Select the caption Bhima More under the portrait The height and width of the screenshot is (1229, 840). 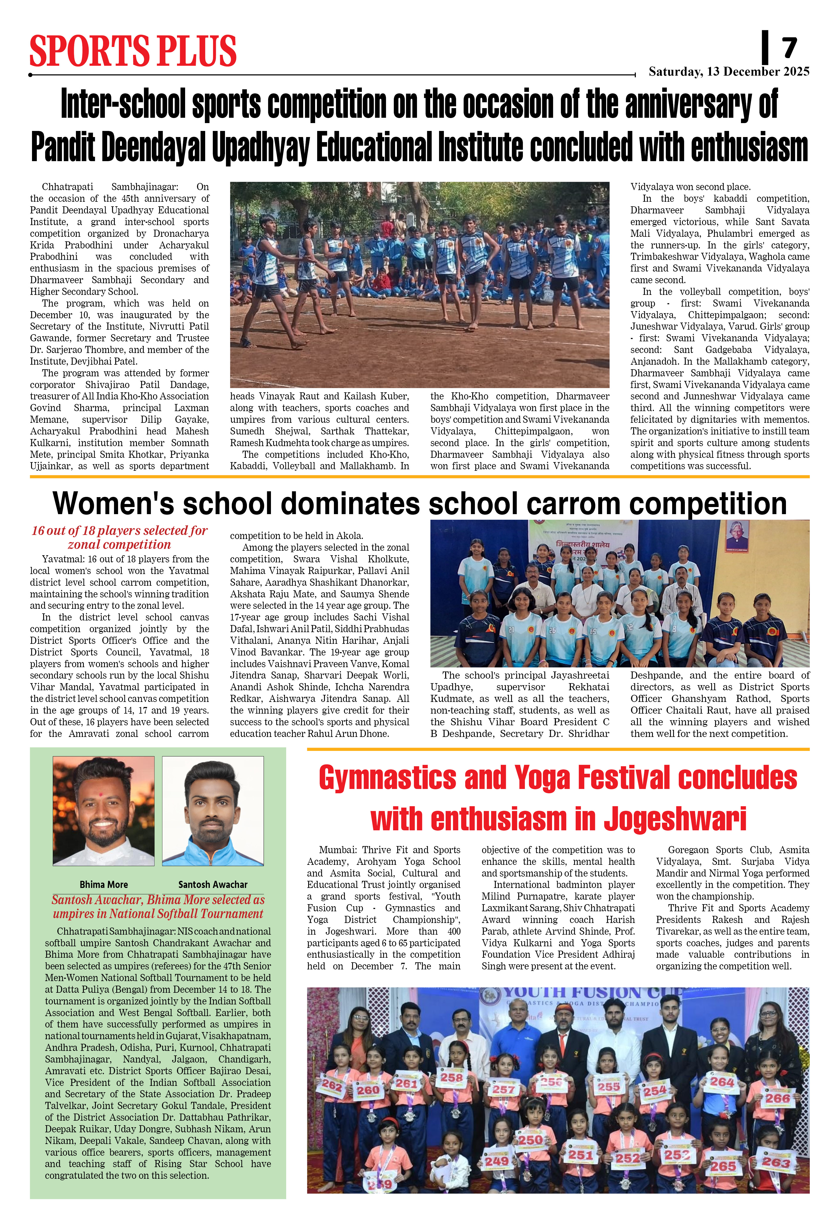104,884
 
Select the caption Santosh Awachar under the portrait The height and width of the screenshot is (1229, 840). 213,884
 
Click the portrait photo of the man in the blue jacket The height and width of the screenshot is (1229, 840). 213,811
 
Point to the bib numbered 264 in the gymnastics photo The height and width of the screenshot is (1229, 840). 722,1082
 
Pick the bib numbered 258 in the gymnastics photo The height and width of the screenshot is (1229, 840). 451,1077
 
